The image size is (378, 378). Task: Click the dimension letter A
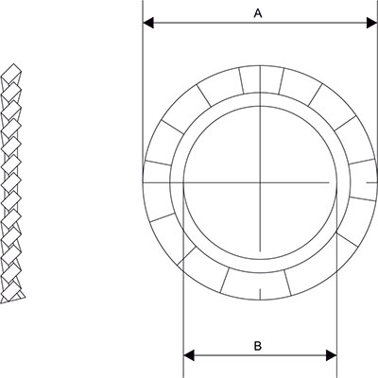pyautogui.click(x=258, y=12)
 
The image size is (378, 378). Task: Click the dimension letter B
pyautogui.click(x=258, y=346)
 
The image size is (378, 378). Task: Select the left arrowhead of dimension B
pyautogui.click(x=187, y=356)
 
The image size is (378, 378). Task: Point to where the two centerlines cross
pyautogui.click(x=258, y=180)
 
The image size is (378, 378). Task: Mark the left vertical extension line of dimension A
pyautogui.click(x=142, y=94)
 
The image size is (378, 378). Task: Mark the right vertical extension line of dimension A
pyautogui.click(x=374, y=94)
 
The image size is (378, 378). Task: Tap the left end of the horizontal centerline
pyautogui.click(x=182, y=180)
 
